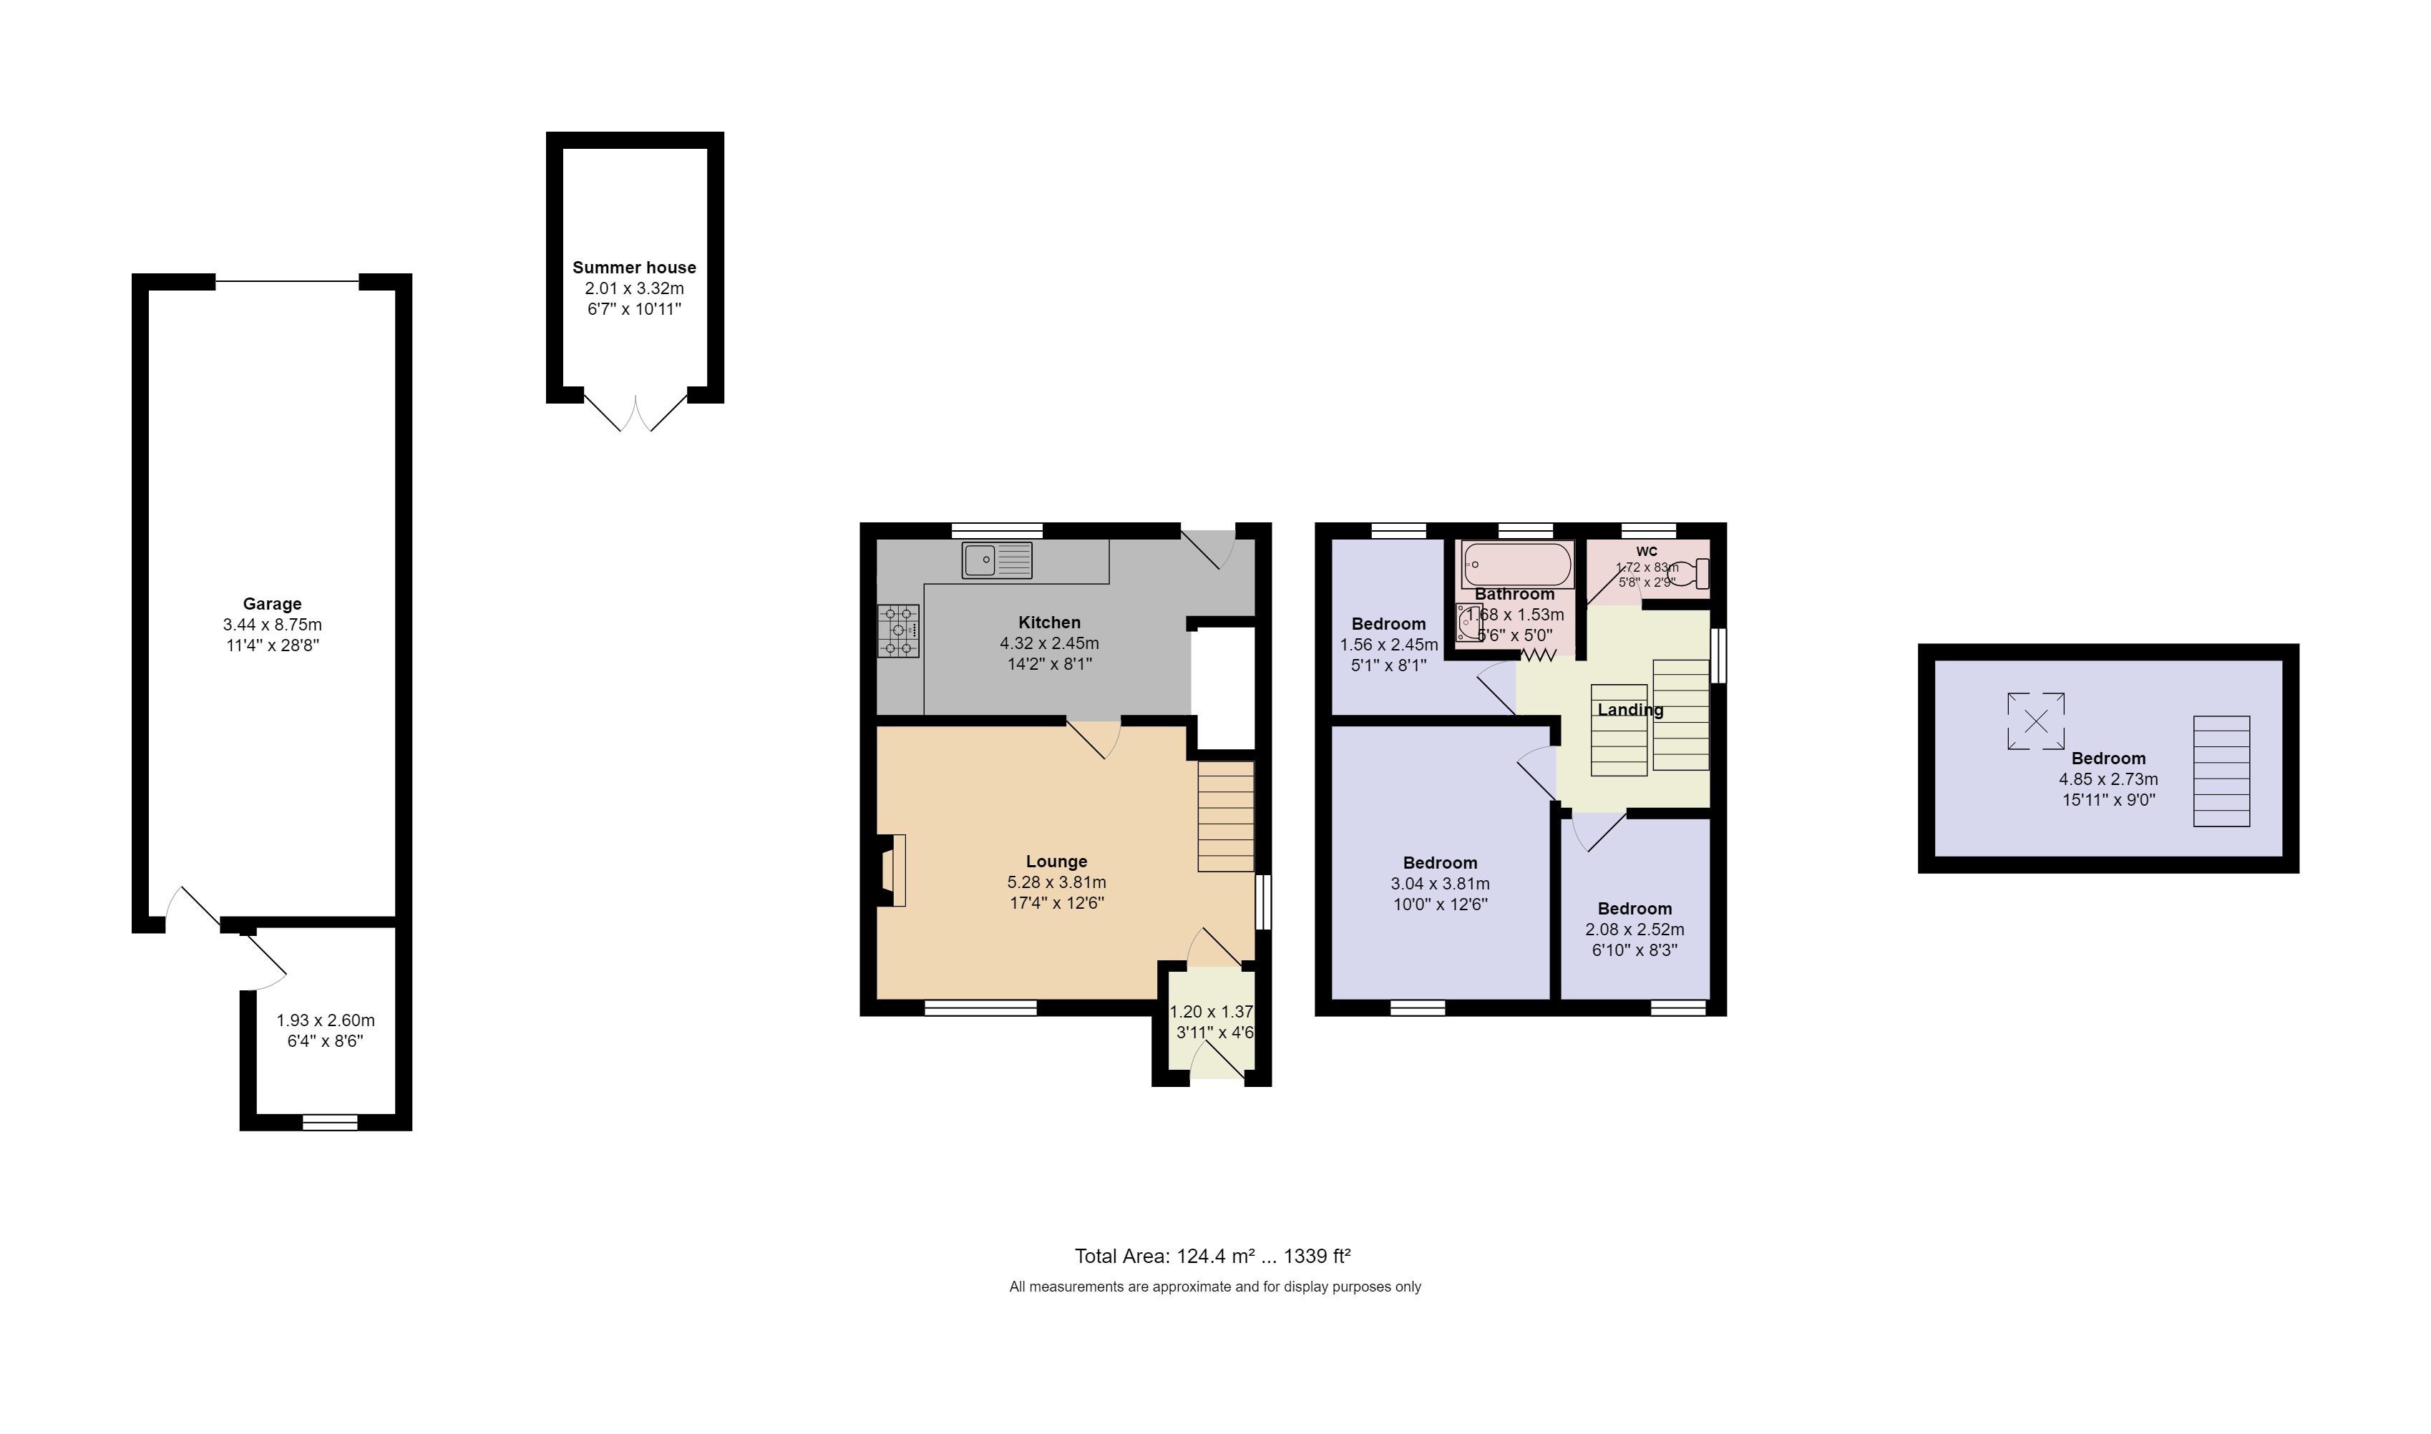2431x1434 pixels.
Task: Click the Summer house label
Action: click(634, 268)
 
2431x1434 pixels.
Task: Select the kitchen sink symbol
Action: click(996, 560)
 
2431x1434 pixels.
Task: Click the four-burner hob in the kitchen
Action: click(897, 631)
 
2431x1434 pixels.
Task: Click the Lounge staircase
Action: click(1225, 816)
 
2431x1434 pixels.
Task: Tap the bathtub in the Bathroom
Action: click(1517, 565)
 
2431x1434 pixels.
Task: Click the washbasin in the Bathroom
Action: click(1468, 623)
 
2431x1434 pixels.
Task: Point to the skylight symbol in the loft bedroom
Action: click(2035, 721)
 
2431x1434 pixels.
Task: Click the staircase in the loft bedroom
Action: click(2221, 771)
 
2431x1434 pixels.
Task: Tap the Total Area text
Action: click(1212, 1257)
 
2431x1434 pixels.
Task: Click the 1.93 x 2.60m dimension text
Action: click(325, 1020)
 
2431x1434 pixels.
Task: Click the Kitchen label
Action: click(1048, 623)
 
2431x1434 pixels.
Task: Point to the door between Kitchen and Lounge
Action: click(1093, 738)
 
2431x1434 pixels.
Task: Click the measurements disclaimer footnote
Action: click(1214, 1287)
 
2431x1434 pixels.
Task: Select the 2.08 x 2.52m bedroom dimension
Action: click(1634, 930)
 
